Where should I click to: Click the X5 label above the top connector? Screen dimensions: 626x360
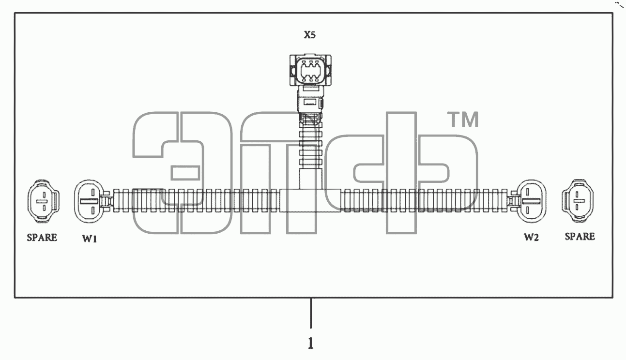click(310, 35)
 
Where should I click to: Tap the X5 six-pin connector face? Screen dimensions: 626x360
click(310, 70)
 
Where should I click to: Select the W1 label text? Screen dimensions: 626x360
click(90, 239)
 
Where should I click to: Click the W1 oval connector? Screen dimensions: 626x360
click(90, 201)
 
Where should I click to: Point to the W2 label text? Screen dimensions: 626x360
click(531, 238)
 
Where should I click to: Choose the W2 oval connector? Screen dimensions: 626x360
click(531, 201)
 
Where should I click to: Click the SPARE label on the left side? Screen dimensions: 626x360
click(42, 238)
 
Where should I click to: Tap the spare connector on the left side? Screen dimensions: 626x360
click(43, 201)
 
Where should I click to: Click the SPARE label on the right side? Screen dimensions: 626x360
click(580, 237)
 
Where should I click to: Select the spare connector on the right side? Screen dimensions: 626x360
click(578, 201)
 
